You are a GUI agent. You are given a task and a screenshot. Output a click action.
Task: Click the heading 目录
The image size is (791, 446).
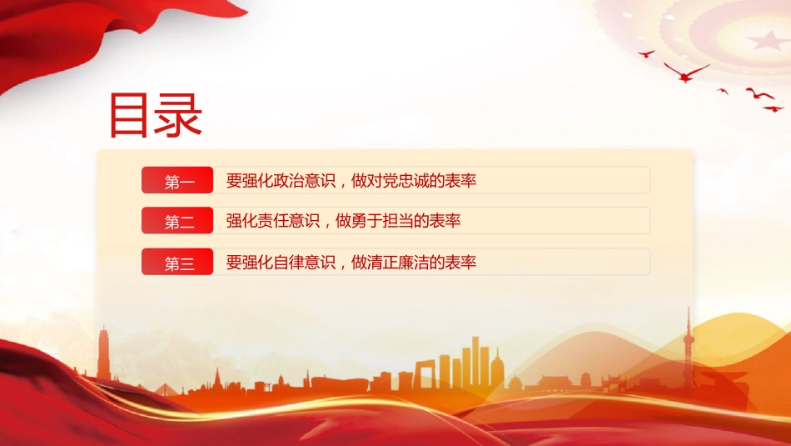[x=156, y=115]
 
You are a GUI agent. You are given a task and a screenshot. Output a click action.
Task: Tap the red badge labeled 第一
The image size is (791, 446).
[x=177, y=180]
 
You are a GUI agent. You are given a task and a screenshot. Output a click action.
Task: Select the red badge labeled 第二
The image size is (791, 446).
[x=177, y=220]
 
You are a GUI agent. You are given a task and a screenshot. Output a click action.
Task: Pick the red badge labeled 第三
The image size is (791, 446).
[x=177, y=262]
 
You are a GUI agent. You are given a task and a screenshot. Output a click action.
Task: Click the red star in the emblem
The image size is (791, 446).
[x=768, y=40]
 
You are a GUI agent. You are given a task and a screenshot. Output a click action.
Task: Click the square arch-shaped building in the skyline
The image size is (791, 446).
[x=425, y=374]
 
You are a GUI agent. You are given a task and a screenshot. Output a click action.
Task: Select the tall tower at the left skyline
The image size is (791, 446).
[x=104, y=353]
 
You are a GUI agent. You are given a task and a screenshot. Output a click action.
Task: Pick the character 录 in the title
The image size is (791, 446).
[x=179, y=115]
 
